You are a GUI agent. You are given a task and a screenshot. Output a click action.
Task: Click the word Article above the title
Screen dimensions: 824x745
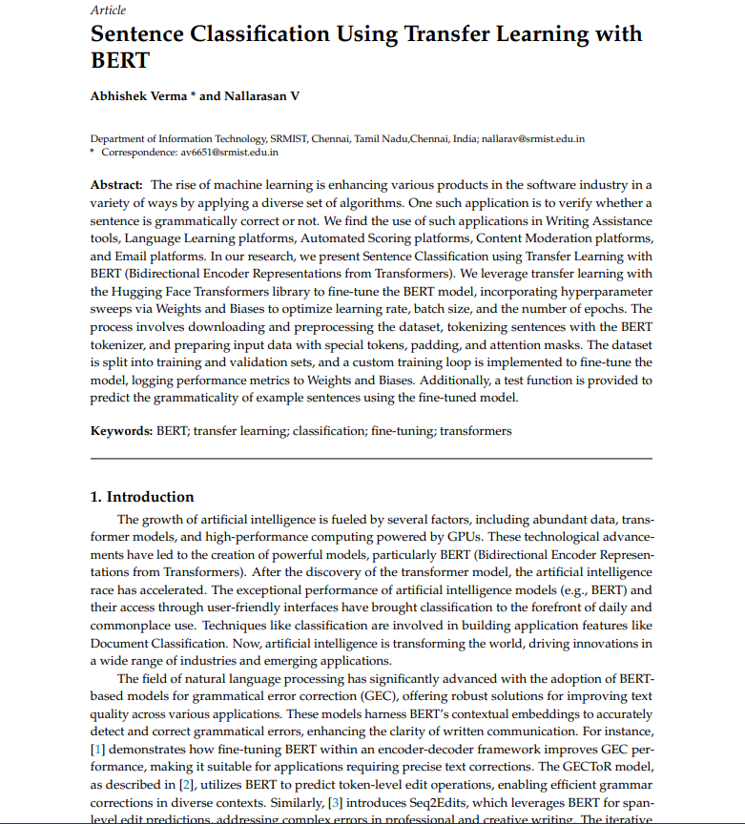click(109, 10)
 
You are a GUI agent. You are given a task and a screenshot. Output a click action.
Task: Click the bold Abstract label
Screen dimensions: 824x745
click(116, 184)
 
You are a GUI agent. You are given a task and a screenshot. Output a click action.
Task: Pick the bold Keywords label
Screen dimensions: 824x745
click(121, 430)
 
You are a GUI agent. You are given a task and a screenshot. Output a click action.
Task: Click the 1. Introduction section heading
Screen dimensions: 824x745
click(142, 497)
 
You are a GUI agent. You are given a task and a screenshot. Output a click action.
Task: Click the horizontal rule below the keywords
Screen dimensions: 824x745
click(371, 459)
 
